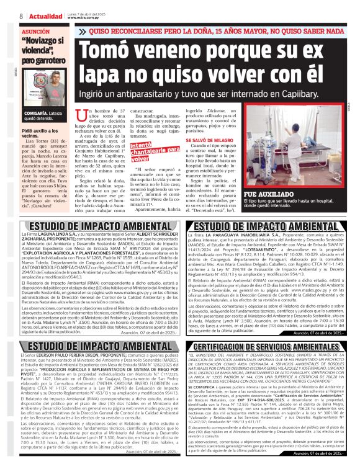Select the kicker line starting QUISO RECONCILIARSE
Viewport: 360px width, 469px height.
click(x=217, y=30)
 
